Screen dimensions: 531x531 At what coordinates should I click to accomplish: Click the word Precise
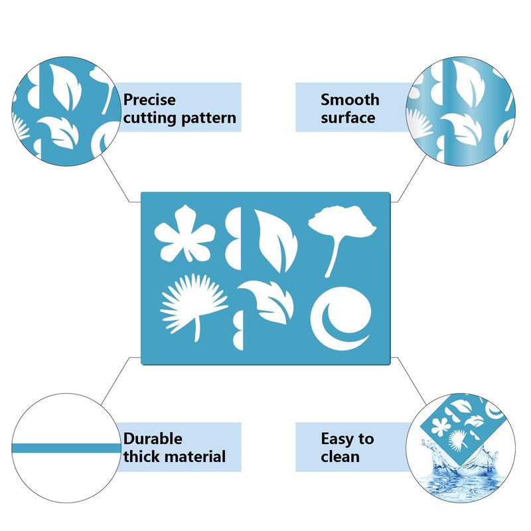click(150, 100)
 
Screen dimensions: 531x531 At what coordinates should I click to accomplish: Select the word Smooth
click(350, 100)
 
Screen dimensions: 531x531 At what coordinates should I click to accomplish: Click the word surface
click(348, 118)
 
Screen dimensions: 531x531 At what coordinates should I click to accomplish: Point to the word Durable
click(153, 439)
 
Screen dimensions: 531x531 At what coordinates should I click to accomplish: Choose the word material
click(195, 457)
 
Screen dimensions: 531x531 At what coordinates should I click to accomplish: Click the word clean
click(340, 457)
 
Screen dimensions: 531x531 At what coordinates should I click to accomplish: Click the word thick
click(141, 457)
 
